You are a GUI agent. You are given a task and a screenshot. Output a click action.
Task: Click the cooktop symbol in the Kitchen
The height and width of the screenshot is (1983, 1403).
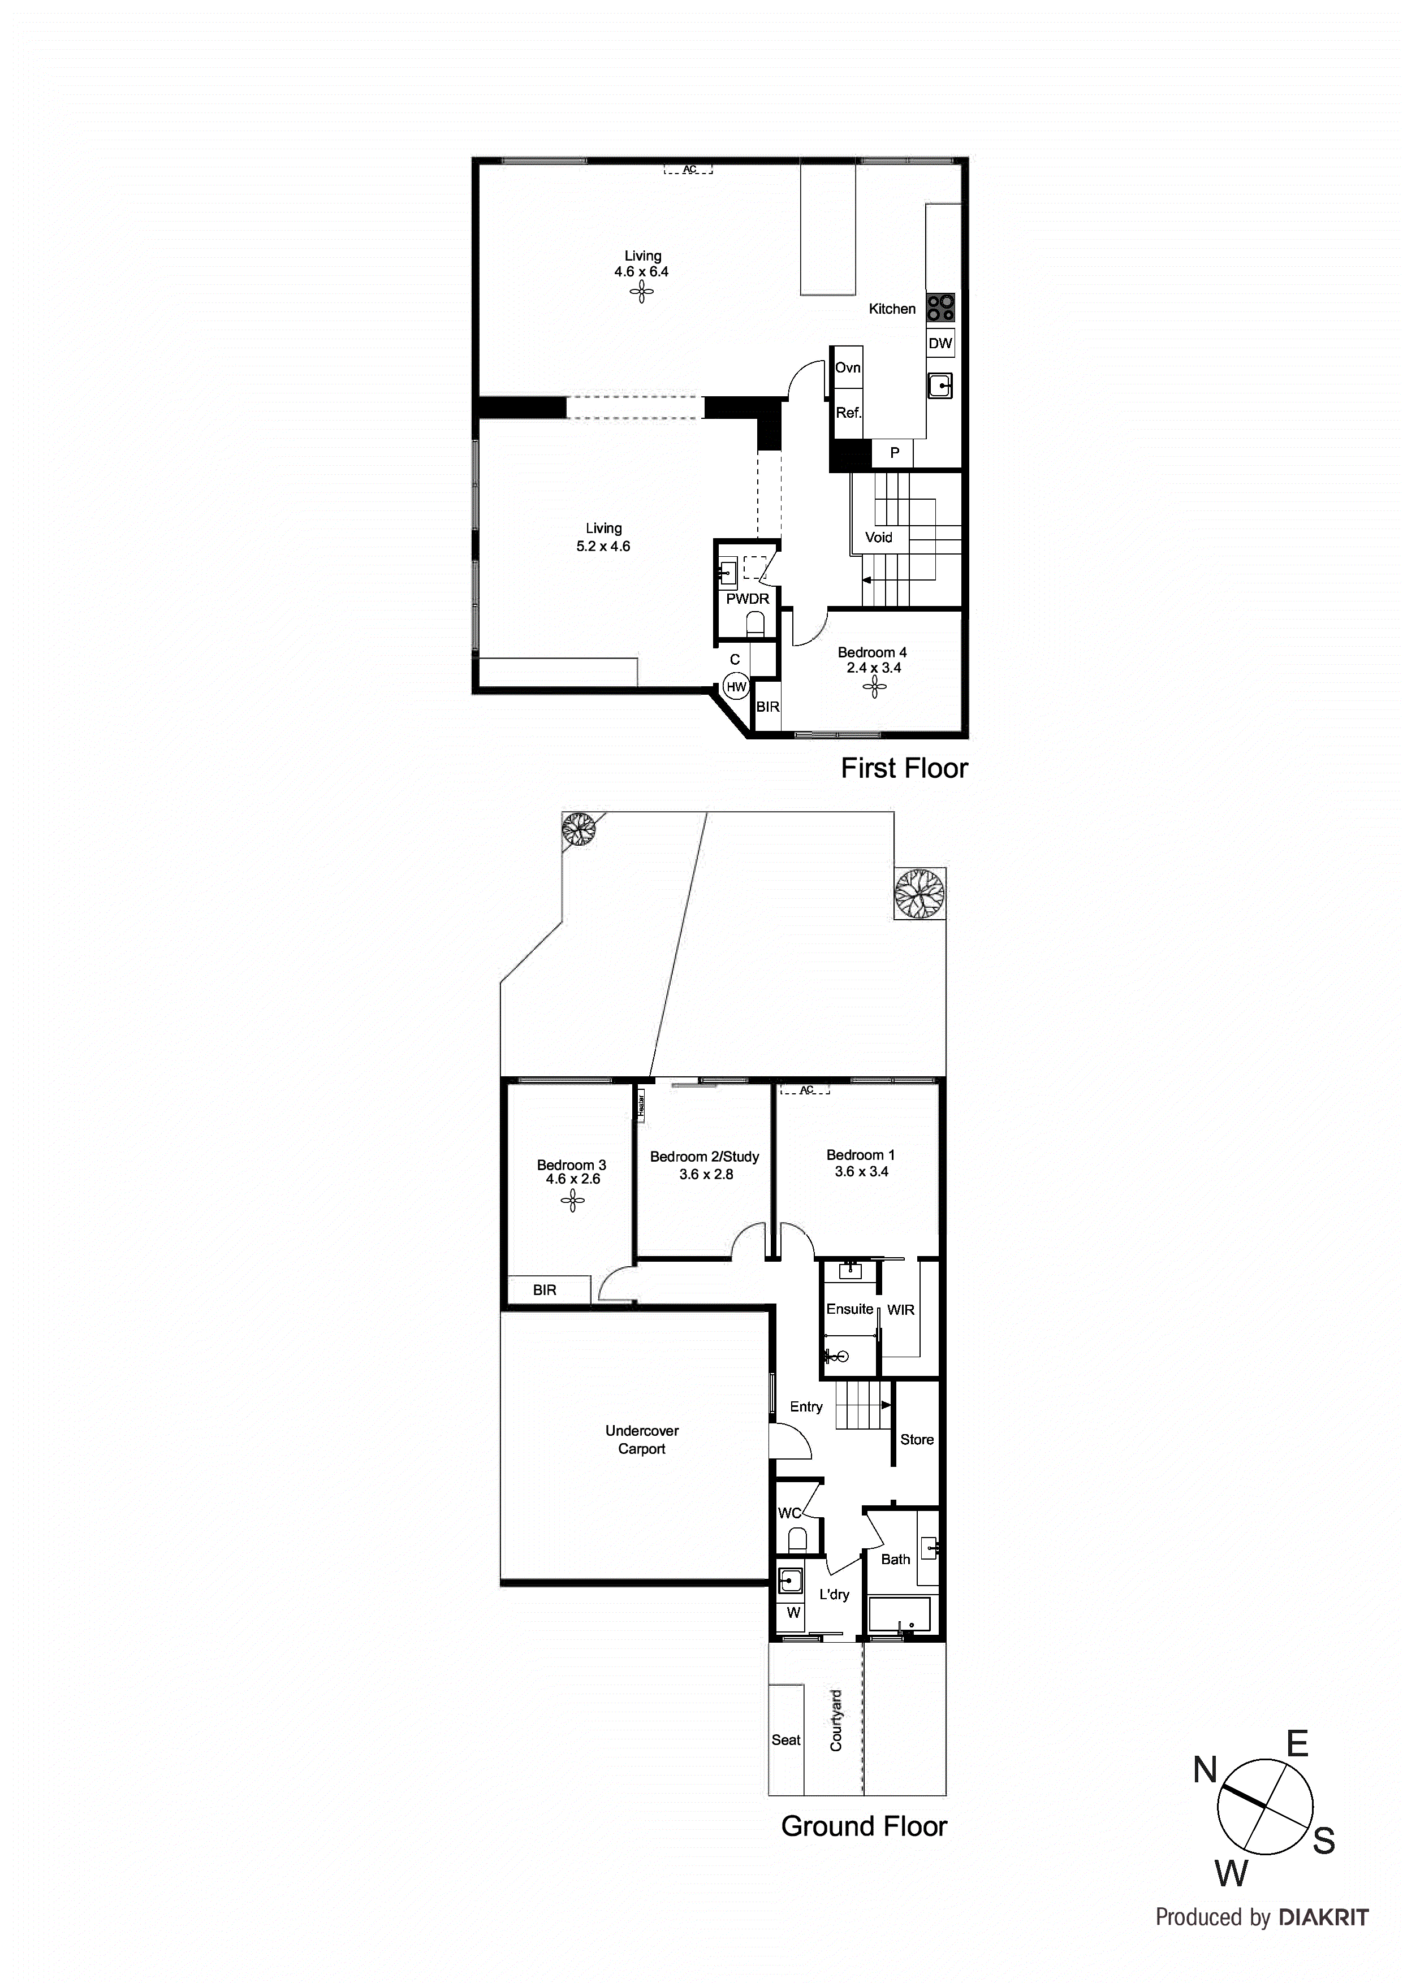click(941, 308)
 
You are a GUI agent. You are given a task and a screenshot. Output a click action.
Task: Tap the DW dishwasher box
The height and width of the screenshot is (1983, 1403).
click(940, 343)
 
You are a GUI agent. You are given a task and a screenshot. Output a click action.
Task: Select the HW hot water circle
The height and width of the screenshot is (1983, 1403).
click(736, 687)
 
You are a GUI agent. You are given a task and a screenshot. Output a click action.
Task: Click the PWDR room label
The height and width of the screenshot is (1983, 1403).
click(747, 599)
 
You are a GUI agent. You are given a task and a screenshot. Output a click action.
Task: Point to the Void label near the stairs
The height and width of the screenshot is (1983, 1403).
click(879, 537)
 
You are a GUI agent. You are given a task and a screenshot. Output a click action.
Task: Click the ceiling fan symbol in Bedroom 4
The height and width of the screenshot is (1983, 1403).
click(874, 687)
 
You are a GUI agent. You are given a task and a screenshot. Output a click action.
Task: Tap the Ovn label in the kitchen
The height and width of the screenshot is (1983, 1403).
click(848, 368)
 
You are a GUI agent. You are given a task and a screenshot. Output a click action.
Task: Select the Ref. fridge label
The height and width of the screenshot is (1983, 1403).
click(848, 413)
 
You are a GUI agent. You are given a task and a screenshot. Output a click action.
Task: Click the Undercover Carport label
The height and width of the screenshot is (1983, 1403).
click(642, 1440)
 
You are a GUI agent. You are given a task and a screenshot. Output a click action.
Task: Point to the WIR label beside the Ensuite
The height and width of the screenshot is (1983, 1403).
click(900, 1310)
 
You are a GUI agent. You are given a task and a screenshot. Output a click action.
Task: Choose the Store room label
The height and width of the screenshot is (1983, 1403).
click(917, 1440)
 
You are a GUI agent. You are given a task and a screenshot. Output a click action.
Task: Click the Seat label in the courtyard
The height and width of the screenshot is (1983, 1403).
click(786, 1740)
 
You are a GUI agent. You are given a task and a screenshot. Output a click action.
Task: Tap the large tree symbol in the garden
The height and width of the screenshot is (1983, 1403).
click(919, 893)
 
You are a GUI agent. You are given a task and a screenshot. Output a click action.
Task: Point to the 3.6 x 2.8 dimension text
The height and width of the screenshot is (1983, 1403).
click(706, 1175)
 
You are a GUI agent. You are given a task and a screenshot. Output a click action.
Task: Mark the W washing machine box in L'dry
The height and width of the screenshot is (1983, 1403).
click(793, 1613)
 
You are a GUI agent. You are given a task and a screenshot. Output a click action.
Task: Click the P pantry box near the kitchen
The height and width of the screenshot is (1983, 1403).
click(895, 453)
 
